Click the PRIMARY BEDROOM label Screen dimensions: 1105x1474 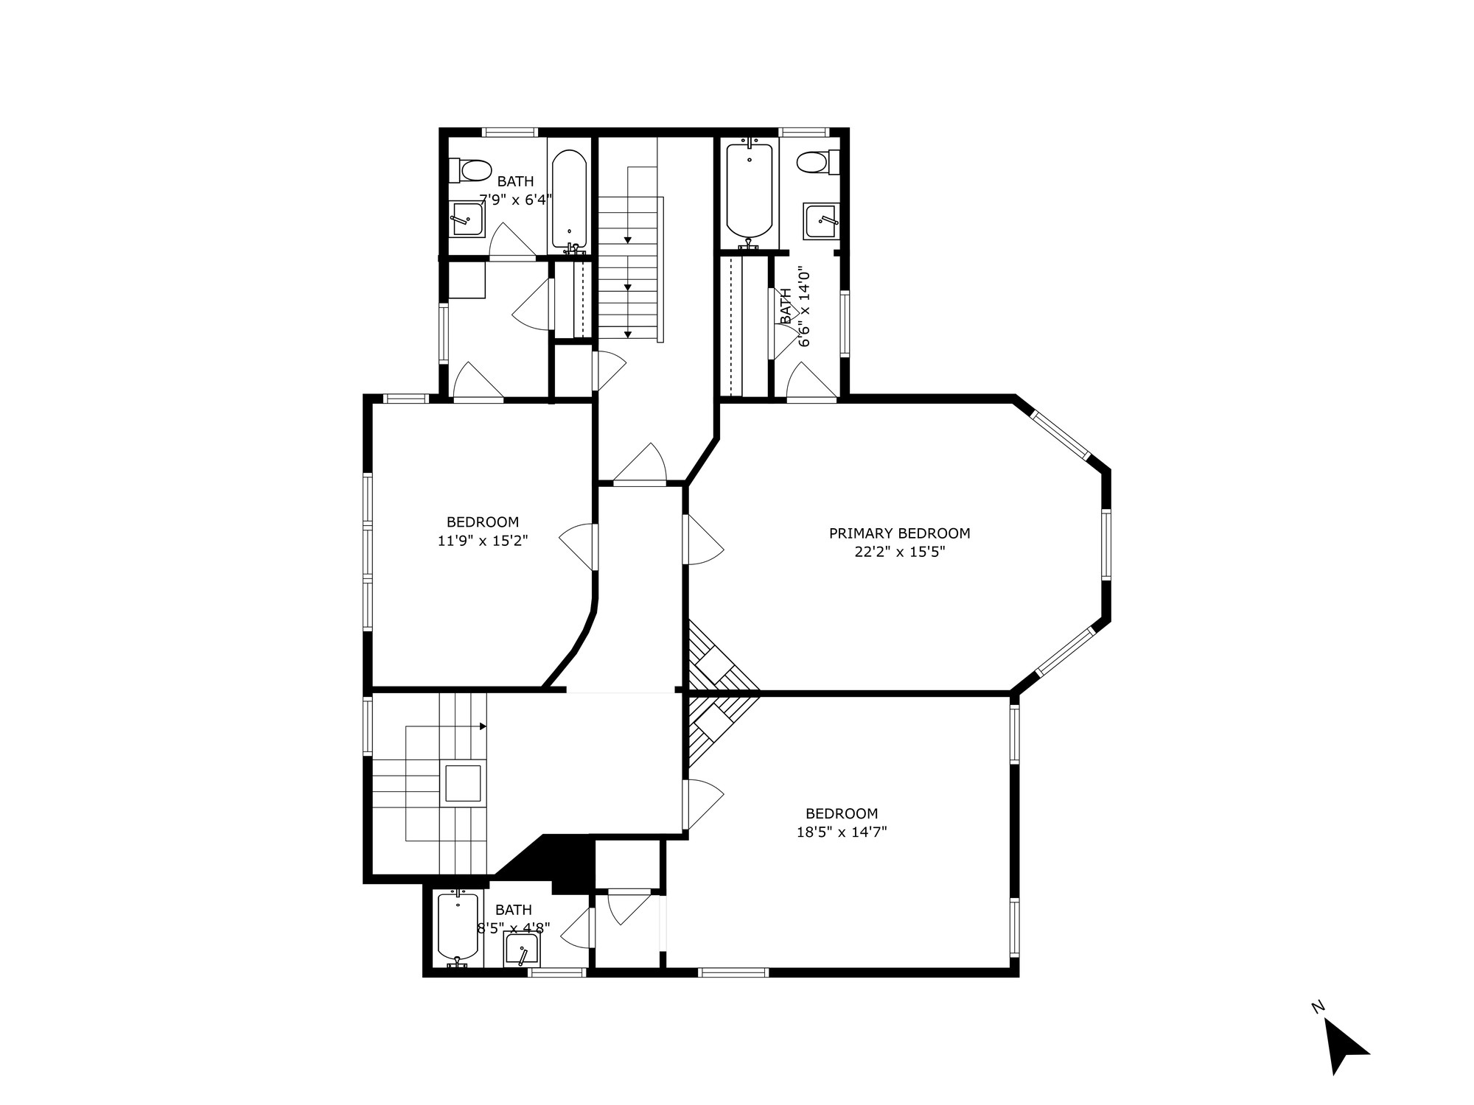click(899, 533)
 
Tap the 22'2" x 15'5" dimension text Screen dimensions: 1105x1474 click(899, 552)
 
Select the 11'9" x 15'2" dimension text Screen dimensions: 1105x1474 click(483, 541)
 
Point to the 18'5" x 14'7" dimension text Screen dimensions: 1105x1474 click(842, 832)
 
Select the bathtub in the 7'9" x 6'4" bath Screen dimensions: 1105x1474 click(569, 199)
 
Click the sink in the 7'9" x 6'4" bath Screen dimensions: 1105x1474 click(467, 219)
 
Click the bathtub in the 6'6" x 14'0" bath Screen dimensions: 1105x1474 click(750, 190)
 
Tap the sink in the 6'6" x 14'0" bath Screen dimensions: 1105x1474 click(821, 220)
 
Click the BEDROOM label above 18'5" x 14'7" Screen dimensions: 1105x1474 click(842, 814)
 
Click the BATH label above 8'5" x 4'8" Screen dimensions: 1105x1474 click(513, 910)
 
